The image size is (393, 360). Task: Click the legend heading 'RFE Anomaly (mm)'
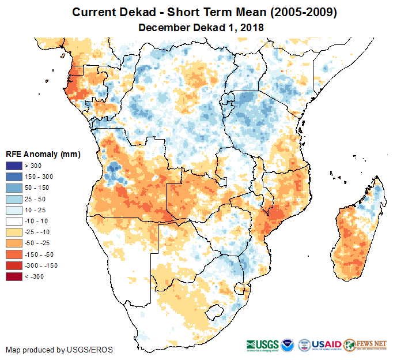point(43,154)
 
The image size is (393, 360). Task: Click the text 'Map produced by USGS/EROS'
point(59,350)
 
